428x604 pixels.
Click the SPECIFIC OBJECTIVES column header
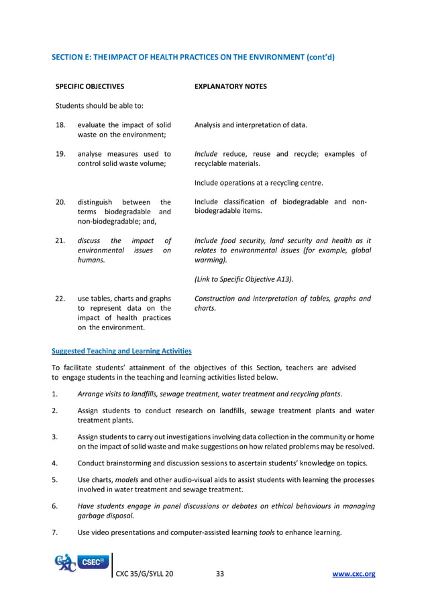click(x=89, y=86)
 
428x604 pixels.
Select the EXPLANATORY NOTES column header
click(x=230, y=86)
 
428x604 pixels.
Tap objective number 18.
click(x=60, y=125)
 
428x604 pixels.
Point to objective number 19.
click(x=60, y=154)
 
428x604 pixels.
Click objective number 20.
click(x=60, y=202)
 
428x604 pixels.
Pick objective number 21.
click(x=60, y=240)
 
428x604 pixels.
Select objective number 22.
click(x=60, y=299)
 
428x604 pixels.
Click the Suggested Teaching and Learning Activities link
click(x=121, y=350)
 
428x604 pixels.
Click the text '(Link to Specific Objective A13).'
click(x=244, y=279)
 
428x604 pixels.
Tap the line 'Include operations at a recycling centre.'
click(x=258, y=183)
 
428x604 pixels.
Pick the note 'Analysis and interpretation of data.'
click(x=251, y=125)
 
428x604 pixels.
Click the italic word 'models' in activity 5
click(x=127, y=479)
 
